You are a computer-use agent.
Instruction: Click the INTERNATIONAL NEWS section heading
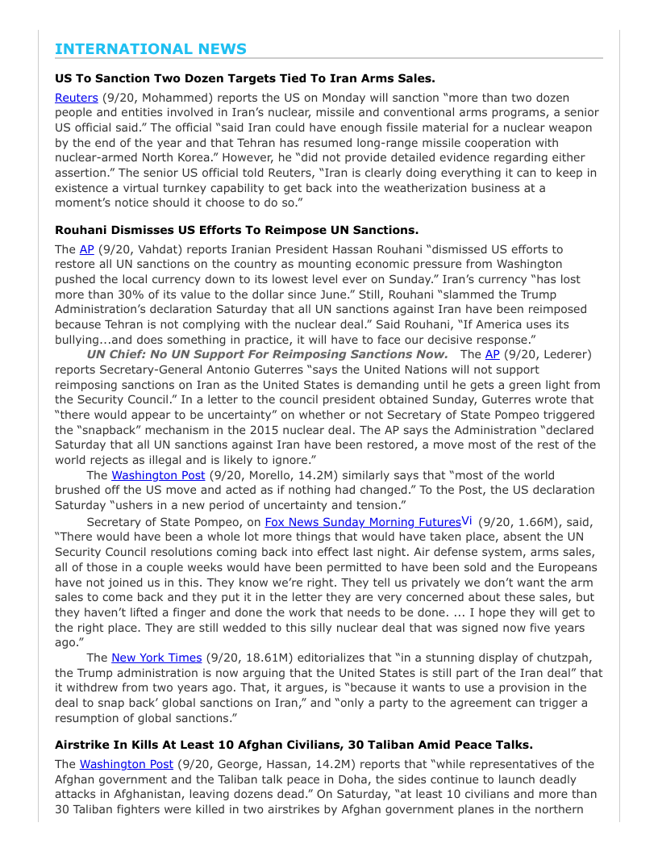click(151, 49)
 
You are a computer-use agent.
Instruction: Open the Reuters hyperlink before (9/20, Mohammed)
click(76, 98)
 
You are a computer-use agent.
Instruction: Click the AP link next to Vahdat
click(86, 249)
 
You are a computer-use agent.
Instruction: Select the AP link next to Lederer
click(492, 354)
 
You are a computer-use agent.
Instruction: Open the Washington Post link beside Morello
click(158, 475)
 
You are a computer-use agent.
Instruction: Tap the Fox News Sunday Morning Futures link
click(362, 522)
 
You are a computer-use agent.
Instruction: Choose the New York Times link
click(156, 658)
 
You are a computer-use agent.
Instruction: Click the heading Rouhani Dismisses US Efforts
click(236, 230)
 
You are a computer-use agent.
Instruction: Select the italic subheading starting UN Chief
click(267, 354)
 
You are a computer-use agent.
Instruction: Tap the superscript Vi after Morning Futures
click(467, 520)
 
